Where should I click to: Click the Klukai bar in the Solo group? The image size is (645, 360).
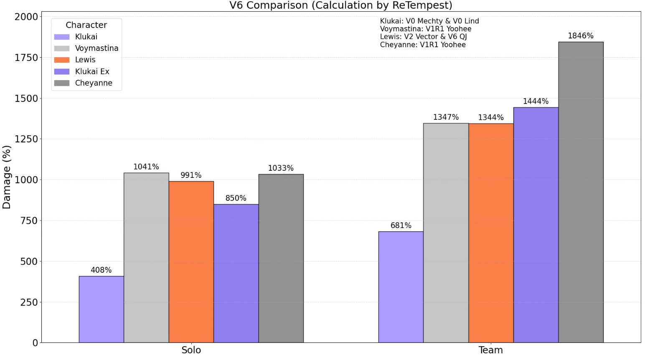point(101,309)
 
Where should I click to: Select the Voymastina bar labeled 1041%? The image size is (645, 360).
point(146,258)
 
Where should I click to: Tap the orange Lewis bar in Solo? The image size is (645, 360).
point(191,262)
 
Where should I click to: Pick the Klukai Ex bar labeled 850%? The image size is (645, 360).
point(236,273)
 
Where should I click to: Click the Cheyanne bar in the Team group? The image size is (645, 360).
point(581,192)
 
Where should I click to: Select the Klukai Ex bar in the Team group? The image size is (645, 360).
point(536,225)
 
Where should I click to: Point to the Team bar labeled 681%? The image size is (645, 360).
point(401,287)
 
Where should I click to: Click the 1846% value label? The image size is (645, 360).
point(580,36)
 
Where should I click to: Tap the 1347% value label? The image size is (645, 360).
point(446,117)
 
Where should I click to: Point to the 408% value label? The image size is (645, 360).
point(101,270)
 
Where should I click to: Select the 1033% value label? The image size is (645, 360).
point(281,168)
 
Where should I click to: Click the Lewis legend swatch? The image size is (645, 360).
point(62,60)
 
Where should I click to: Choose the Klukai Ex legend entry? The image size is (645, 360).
point(92,71)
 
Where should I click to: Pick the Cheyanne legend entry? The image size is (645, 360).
point(94,83)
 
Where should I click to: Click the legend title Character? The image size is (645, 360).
point(86,25)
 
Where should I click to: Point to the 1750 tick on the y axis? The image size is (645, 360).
point(26,58)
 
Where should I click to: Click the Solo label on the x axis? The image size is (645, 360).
point(191,350)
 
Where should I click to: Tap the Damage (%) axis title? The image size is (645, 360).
point(7,177)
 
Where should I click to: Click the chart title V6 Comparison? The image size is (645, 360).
point(340,5)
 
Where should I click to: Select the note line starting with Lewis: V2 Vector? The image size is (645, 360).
point(423,37)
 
